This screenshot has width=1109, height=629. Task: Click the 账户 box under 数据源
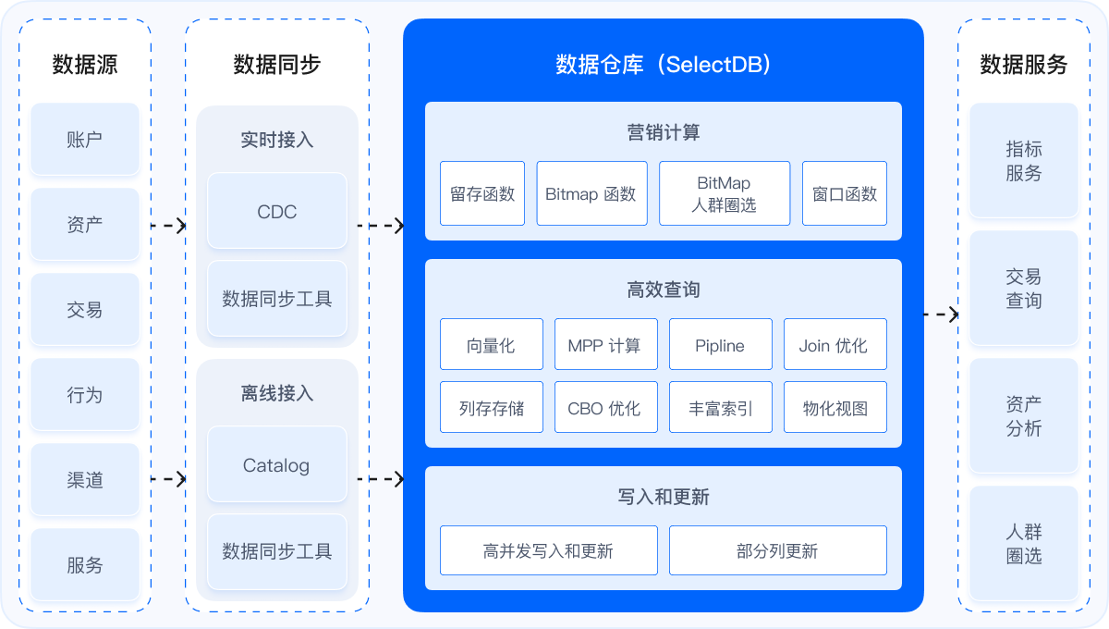85,140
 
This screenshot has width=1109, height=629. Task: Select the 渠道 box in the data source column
85,480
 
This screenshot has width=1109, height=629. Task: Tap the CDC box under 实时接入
277,212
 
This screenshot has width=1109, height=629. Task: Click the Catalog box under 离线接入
277,465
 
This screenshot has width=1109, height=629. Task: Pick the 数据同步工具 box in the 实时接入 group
277,299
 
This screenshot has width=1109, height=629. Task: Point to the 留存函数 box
482,194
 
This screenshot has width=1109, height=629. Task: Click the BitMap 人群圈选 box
725,194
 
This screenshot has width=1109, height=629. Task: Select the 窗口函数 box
845,194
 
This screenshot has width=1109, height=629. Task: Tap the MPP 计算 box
606,345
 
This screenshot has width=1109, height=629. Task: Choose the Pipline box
720,345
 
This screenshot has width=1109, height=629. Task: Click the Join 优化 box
835,345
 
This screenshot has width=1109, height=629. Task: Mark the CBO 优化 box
606,408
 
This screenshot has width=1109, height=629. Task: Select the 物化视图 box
835,408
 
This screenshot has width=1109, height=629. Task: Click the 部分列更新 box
777,551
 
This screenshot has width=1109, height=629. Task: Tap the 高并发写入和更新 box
548,551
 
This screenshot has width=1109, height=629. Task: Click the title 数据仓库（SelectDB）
664,65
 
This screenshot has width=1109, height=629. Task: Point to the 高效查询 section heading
664,290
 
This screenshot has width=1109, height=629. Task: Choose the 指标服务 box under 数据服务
1024,162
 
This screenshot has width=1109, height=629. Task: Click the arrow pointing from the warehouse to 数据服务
941,314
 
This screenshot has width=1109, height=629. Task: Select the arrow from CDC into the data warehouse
381,226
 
